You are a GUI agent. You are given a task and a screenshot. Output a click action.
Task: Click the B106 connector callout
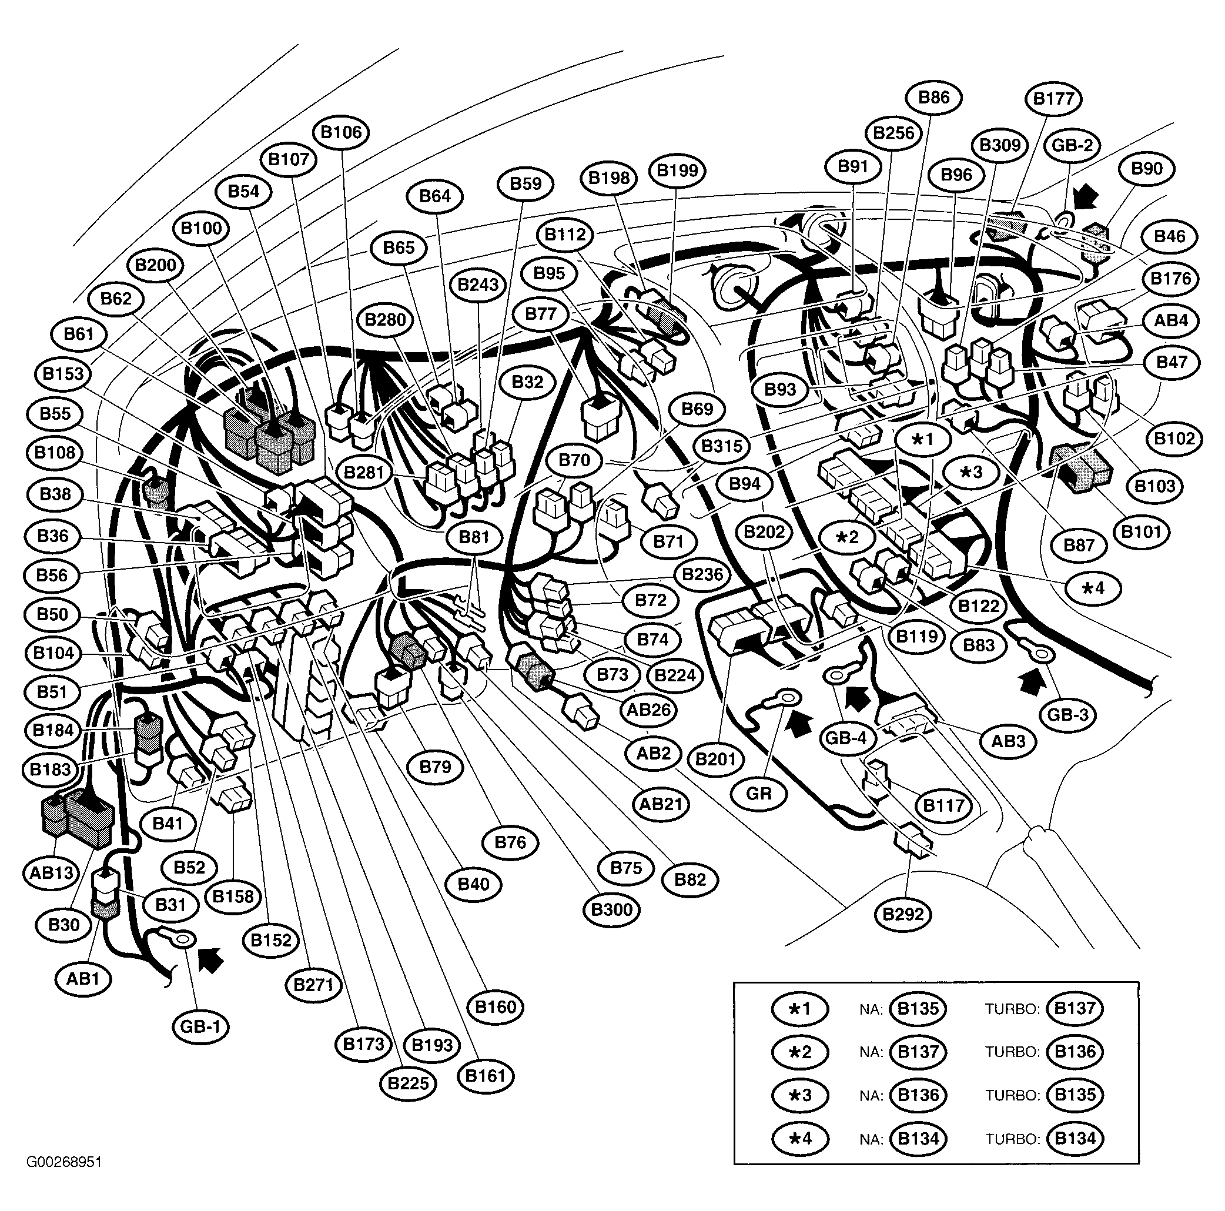(x=340, y=132)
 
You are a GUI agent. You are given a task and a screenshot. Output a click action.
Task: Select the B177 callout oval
(x=1053, y=99)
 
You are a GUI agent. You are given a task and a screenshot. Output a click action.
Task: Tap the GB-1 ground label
(x=200, y=1026)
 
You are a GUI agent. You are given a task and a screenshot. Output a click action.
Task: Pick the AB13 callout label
(x=51, y=873)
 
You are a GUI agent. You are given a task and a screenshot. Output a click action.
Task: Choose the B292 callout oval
(x=903, y=914)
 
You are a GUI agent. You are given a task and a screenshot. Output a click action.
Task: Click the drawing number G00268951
(x=64, y=1162)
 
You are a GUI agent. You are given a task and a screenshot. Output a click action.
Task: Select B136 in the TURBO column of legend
(x=1075, y=1052)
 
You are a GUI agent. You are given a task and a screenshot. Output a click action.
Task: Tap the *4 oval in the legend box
(x=799, y=1139)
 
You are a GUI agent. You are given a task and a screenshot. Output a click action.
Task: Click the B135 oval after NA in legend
(x=918, y=1008)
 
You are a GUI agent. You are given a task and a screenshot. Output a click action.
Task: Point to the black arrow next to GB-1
(x=211, y=960)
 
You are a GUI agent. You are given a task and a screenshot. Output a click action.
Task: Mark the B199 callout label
(x=677, y=170)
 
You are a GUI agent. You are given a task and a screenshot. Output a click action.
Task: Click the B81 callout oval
(x=474, y=537)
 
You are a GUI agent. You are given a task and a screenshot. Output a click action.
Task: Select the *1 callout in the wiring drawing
(x=922, y=439)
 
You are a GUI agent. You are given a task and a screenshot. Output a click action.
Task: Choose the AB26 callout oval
(x=648, y=710)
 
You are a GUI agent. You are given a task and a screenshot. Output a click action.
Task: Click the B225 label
(x=409, y=1083)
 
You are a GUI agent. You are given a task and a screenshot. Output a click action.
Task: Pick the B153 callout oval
(x=63, y=373)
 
